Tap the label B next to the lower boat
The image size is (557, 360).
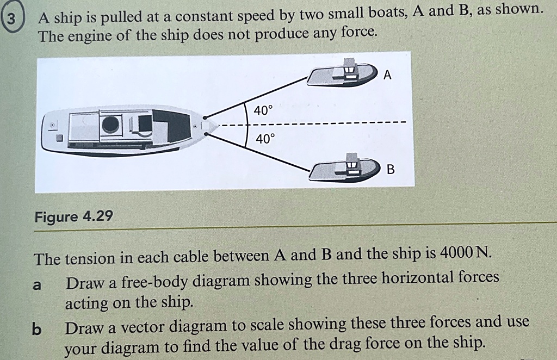390,170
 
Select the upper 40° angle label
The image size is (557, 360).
262,110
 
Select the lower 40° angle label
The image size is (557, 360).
265,139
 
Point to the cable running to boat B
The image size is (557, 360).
256,152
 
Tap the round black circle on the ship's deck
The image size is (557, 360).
111,125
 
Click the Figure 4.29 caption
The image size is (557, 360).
73,217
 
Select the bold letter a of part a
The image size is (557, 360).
38,284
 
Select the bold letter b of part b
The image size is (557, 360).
36,330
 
